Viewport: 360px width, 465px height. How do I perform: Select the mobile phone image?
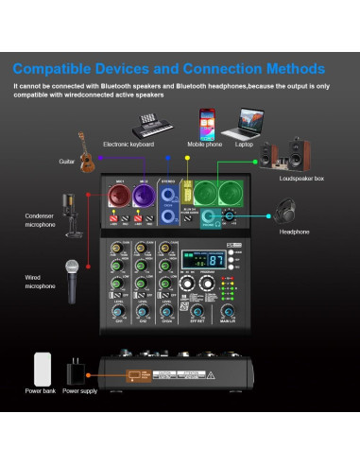[207, 122]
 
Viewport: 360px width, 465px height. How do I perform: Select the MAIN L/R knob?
[228, 313]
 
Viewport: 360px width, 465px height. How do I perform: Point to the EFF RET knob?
[197, 313]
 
